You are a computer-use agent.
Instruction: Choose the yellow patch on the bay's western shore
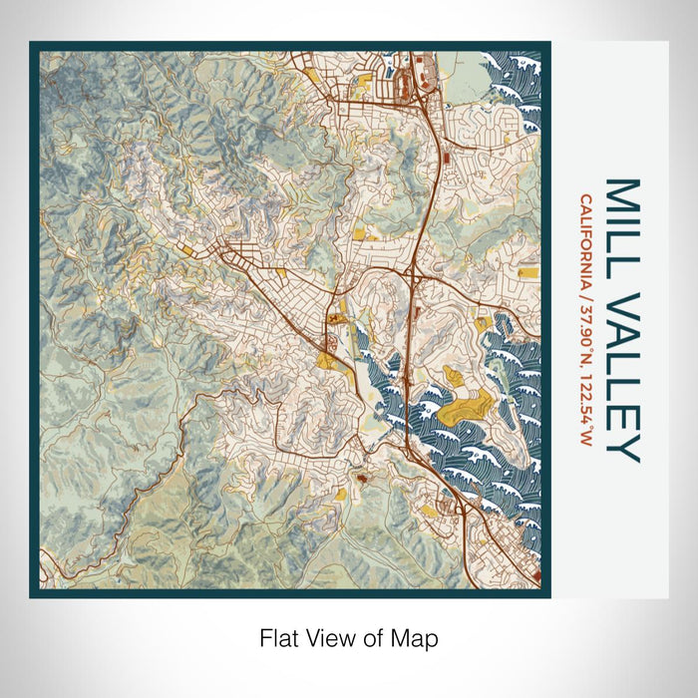coord(326,359)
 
